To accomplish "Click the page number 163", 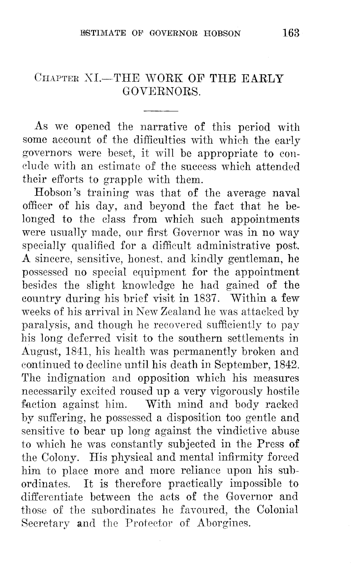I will [291, 33].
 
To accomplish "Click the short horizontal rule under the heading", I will [161, 111].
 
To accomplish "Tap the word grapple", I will [121, 180].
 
